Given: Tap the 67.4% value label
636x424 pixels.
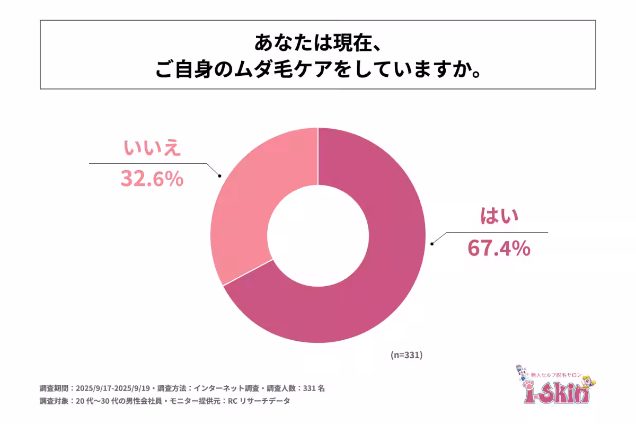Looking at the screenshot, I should click(x=498, y=248).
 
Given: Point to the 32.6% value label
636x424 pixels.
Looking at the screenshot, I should click(x=152, y=179).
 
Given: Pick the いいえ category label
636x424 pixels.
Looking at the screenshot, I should click(x=152, y=148).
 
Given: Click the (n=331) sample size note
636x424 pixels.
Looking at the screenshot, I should click(x=406, y=355).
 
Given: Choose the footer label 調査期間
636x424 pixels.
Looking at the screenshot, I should click(x=54, y=388).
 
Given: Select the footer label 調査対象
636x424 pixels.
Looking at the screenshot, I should click(x=54, y=401).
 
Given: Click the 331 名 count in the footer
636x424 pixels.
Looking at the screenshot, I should click(x=313, y=388).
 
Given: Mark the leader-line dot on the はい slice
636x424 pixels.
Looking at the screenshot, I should click(x=432, y=243).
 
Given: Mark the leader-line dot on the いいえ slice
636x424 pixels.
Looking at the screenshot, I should click(x=220, y=175).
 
